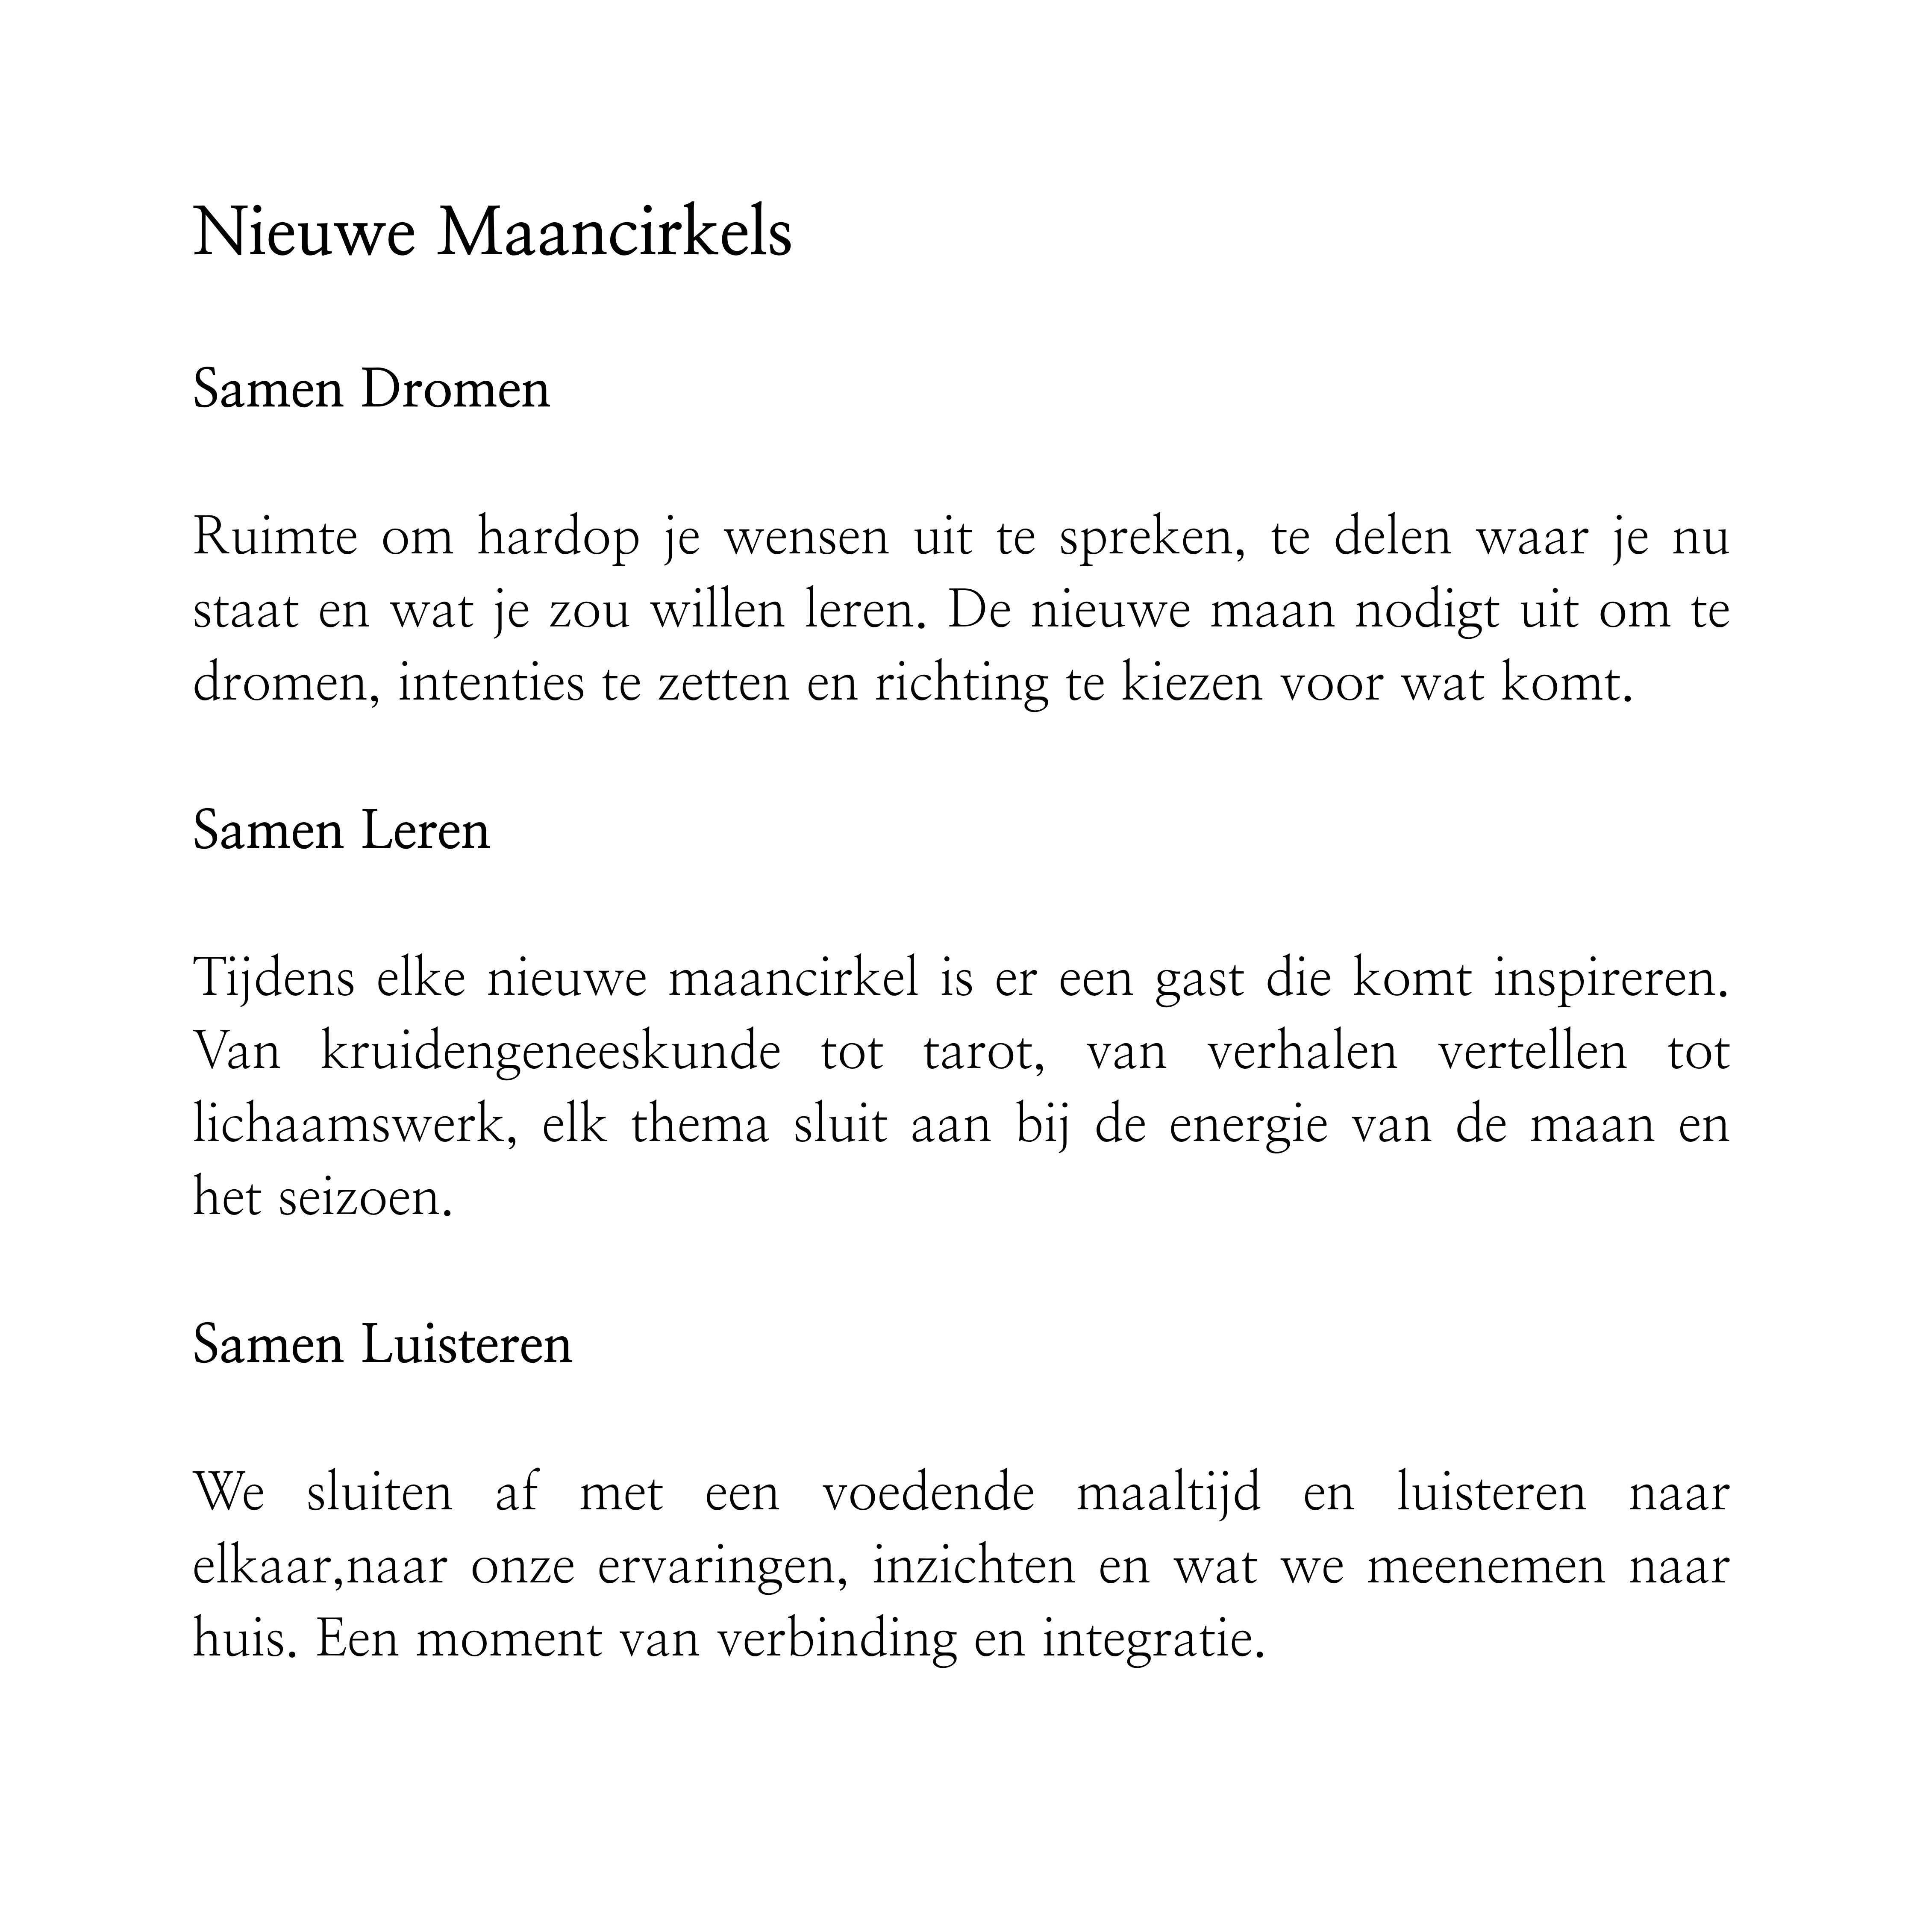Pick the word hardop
tap(559, 538)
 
